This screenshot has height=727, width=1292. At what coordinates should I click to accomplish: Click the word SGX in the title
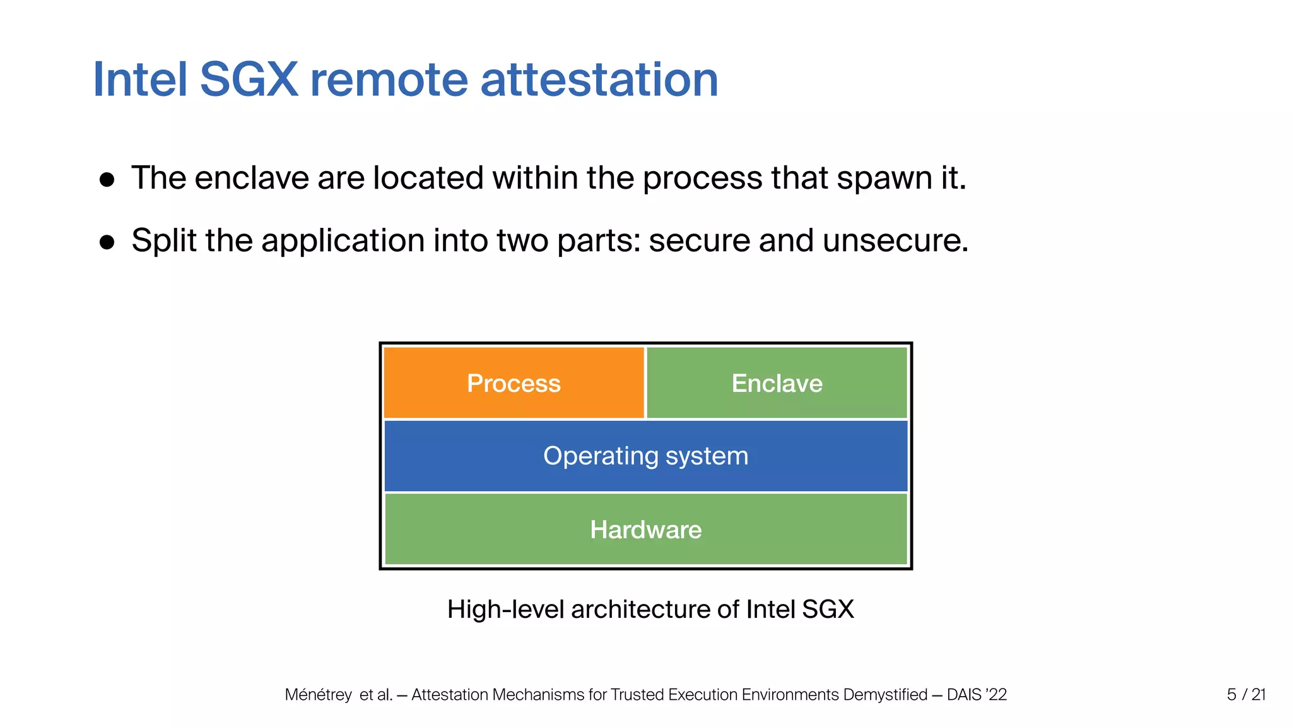249,80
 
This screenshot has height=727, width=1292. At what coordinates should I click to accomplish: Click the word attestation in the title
599,80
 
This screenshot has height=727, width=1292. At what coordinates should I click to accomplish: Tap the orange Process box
514,383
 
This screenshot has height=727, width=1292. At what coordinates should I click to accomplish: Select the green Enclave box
777,383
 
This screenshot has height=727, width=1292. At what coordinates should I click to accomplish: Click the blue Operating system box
645,456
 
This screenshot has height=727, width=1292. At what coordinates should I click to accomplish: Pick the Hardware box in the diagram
645,529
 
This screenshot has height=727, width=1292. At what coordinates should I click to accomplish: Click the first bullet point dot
107,180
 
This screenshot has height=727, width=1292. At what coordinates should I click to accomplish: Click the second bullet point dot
107,242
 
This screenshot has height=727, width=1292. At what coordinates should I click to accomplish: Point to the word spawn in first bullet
884,179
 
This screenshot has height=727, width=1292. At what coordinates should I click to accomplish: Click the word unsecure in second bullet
895,240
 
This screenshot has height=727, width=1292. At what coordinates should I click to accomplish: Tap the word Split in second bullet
163,240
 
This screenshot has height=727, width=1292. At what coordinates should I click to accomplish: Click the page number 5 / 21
1246,694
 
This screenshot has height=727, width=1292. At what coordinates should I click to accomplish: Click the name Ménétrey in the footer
318,695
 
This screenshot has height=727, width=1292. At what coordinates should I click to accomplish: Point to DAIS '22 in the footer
977,695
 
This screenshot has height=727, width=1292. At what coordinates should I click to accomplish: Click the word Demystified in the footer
885,695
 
